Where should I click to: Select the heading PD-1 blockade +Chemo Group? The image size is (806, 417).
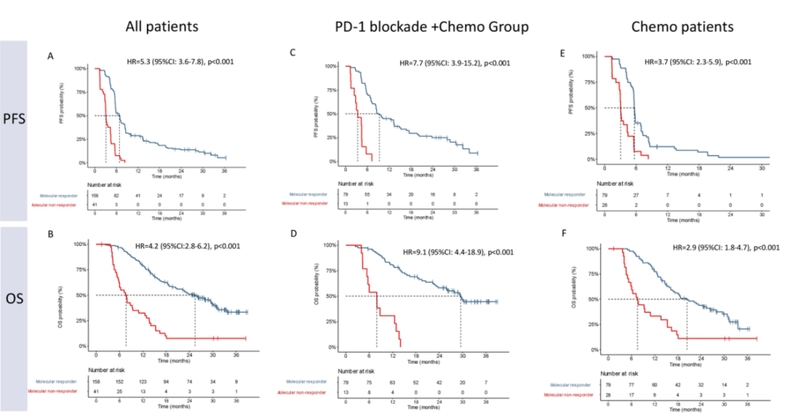pyautogui.click(x=427, y=26)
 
